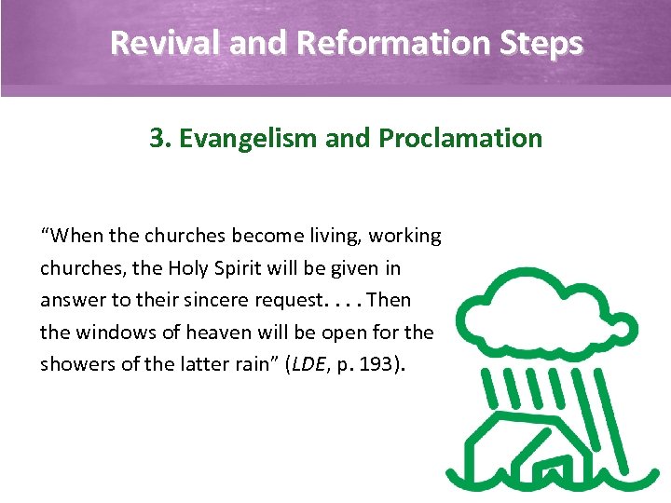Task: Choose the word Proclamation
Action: click(x=460, y=139)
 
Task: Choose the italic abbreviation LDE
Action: click(x=308, y=364)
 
